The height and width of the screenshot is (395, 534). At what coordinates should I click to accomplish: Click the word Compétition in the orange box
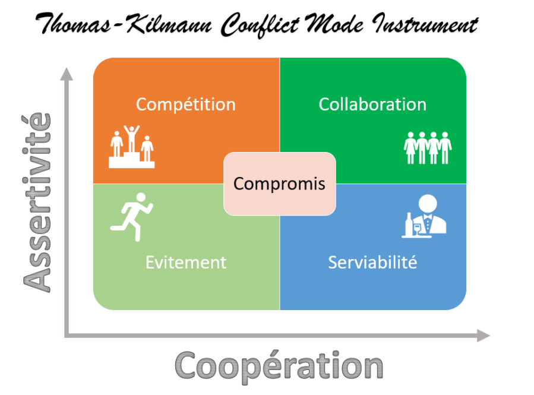tap(185, 105)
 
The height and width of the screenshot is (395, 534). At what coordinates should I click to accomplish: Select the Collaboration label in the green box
tap(372, 105)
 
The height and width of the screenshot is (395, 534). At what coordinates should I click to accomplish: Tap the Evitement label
tap(186, 262)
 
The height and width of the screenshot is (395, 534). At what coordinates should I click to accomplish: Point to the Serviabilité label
tap(372, 262)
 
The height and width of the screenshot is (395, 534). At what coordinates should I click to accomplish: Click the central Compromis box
tap(279, 184)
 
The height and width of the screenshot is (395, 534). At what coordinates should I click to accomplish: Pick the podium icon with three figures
tap(131, 147)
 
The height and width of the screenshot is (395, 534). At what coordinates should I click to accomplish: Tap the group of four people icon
tap(428, 147)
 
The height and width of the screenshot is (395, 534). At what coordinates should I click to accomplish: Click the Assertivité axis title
tap(37, 202)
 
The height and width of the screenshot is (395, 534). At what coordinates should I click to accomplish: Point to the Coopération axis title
tap(279, 364)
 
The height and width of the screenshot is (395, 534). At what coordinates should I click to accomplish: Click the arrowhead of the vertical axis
tap(67, 74)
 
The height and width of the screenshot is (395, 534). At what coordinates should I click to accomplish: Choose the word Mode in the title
tap(340, 26)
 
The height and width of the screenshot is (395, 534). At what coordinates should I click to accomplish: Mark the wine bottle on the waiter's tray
tap(409, 225)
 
